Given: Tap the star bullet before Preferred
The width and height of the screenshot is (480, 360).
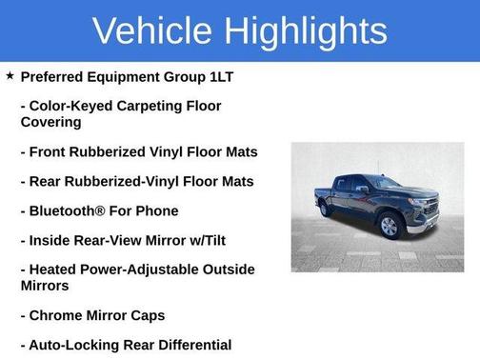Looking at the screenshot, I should pyautogui.click(x=10, y=75).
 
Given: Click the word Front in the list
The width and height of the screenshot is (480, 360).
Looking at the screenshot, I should pyautogui.click(x=51, y=151).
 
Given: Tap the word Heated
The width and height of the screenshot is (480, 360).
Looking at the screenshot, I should pyautogui.click(x=57, y=270).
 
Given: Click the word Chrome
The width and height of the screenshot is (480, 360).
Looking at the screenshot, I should pyautogui.click(x=59, y=315).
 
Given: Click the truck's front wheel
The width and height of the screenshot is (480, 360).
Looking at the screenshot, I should pyautogui.click(x=389, y=227).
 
